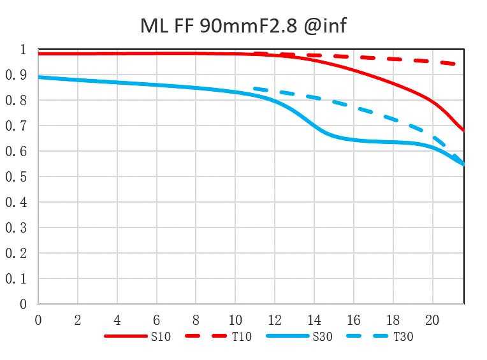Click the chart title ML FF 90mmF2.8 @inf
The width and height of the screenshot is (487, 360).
pyautogui.click(x=243, y=25)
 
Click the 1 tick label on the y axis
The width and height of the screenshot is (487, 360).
pyautogui.click(x=23, y=50)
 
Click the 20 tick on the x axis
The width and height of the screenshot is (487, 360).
pyautogui.click(x=432, y=320)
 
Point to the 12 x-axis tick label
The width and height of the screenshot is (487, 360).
pyautogui.click(x=275, y=320)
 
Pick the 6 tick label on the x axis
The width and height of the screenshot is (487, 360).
pyautogui.click(x=157, y=320)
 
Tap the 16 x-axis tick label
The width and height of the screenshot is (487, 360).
pyautogui.click(x=354, y=320)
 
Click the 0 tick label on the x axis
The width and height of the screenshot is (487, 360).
pyautogui.click(x=38, y=320)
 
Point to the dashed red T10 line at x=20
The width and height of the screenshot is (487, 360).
pyautogui.click(x=432, y=61)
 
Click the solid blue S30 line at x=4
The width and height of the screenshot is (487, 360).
pyautogui.click(x=117, y=82)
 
